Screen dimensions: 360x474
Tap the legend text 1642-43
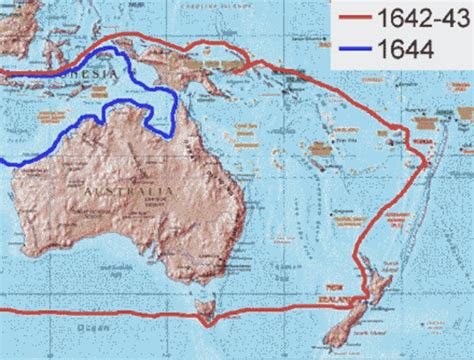tap(426, 18)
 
